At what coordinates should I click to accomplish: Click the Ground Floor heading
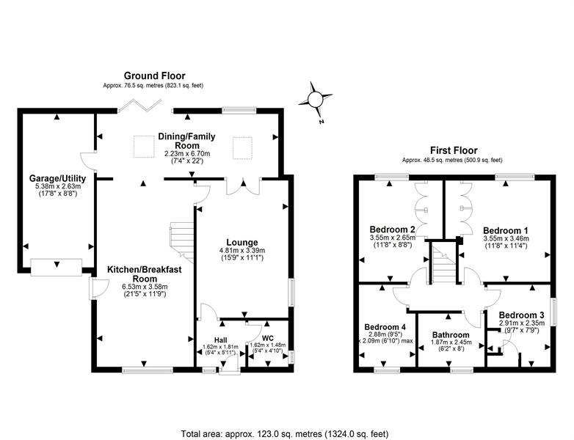pyautogui.click(x=154, y=76)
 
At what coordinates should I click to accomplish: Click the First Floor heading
pyautogui.click(x=454, y=150)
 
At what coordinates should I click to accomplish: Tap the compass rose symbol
pyautogui.click(x=315, y=100)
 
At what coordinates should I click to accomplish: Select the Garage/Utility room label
pyautogui.click(x=57, y=178)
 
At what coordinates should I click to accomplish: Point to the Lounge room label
pyautogui.click(x=242, y=242)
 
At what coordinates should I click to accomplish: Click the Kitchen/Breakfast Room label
pyautogui.click(x=144, y=274)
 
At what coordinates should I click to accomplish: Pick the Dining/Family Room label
pyautogui.click(x=186, y=141)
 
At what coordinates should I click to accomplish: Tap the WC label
pyautogui.click(x=268, y=338)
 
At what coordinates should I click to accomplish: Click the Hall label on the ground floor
pyautogui.click(x=220, y=340)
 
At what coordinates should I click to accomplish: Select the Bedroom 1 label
pyautogui.click(x=506, y=230)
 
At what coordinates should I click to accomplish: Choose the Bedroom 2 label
pyautogui.click(x=392, y=230)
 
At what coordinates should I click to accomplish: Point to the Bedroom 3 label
pyautogui.click(x=521, y=315)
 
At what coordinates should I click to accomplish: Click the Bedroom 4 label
pyautogui.click(x=385, y=326)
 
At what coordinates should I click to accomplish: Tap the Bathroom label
pyautogui.click(x=451, y=334)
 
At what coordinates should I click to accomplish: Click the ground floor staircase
pyautogui.click(x=181, y=241)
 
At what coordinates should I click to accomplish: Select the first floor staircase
pyautogui.click(x=443, y=263)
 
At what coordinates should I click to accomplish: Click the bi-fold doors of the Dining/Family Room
pyautogui.click(x=140, y=105)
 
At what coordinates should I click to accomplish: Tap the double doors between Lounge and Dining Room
pyautogui.click(x=243, y=186)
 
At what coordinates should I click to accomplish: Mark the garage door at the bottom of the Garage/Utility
pyautogui.click(x=56, y=267)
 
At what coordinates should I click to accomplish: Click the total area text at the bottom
pyautogui.click(x=285, y=434)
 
